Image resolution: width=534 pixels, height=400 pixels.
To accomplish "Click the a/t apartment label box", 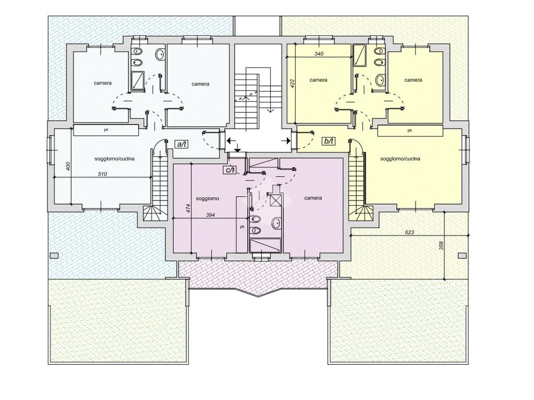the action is click(x=181, y=144).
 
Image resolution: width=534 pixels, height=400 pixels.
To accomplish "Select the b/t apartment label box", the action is click(x=329, y=141).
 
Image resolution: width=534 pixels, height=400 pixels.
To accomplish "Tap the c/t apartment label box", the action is click(x=229, y=170).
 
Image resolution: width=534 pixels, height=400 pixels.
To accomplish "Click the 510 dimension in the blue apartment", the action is click(x=103, y=174).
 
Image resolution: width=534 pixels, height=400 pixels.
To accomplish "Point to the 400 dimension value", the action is click(x=68, y=166).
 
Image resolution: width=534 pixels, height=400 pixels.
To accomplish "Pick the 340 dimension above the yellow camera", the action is click(x=319, y=54).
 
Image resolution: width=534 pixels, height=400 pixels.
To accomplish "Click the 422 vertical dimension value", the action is click(x=292, y=84).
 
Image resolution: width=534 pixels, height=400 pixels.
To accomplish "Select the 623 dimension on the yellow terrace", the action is click(x=410, y=233).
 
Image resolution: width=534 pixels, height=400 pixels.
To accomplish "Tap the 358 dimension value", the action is click(x=441, y=246).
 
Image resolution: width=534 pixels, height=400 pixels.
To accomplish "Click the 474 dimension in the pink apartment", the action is click(x=188, y=207).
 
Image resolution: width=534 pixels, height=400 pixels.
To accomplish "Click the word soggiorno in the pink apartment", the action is click(x=208, y=198).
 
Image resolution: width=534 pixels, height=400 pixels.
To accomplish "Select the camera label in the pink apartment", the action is click(x=313, y=198).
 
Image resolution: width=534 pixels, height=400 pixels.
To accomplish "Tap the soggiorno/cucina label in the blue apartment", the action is click(x=114, y=159).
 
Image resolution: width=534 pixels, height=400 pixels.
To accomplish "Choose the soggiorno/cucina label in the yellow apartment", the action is click(x=400, y=159).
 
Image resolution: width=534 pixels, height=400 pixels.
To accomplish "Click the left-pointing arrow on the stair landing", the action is click(x=231, y=140).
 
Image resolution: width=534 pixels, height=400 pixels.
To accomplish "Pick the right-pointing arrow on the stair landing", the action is click(x=286, y=140).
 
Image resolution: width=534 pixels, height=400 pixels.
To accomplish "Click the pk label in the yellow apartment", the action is click(x=409, y=130).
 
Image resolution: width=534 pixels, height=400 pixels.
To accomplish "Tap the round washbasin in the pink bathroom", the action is click(x=276, y=223).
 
